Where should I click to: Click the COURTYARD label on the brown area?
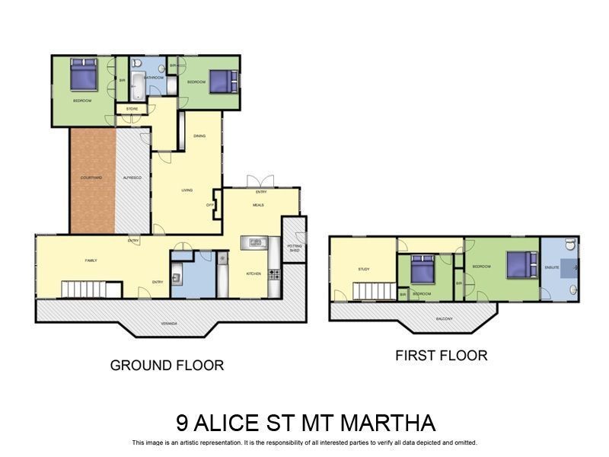(x=91, y=178)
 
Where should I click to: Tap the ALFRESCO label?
(x=132, y=177)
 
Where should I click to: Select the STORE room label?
(x=132, y=109)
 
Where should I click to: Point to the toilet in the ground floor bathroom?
(x=138, y=64)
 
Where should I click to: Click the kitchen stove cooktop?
(x=274, y=273)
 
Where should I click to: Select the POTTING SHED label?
(x=295, y=248)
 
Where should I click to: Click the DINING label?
(x=199, y=136)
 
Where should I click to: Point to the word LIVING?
(x=187, y=190)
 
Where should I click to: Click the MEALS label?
(x=258, y=204)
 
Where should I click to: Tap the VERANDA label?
(x=169, y=323)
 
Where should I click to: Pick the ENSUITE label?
(x=553, y=267)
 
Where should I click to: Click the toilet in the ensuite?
(x=570, y=245)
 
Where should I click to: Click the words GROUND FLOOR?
(x=167, y=365)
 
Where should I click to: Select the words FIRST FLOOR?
(x=441, y=355)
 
